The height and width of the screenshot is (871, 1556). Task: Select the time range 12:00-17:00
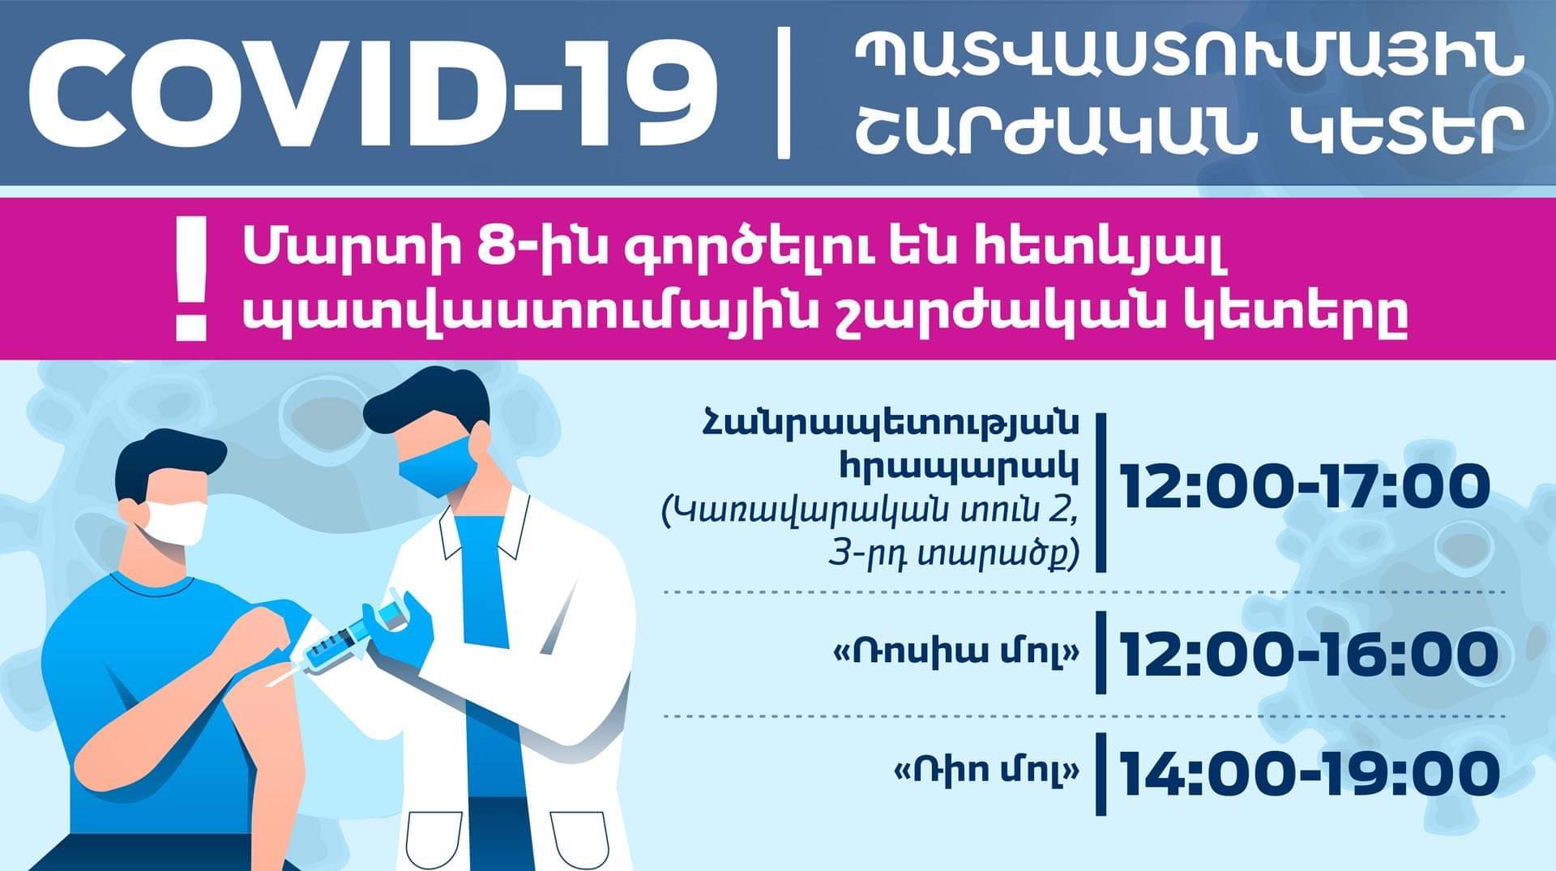(x=1306, y=487)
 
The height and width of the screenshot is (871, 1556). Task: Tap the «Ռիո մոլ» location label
(x=986, y=770)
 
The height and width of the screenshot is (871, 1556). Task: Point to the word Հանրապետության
(x=890, y=427)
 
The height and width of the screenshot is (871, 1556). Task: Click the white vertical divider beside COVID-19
(x=784, y=92)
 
